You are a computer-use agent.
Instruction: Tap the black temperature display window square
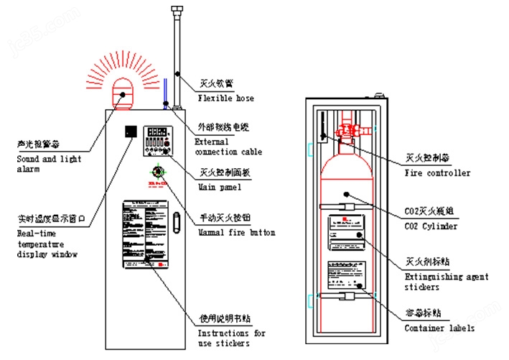point(131,132)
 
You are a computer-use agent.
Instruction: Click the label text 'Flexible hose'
point(225,98)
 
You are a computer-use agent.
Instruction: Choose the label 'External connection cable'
point(228,147)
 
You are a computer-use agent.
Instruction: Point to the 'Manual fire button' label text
point(236,232)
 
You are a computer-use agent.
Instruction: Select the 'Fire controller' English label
point(438,173)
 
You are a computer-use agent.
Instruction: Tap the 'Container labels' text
point(439,328)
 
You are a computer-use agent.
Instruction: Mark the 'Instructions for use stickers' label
point(231,338)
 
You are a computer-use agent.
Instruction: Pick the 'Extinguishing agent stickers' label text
point(447,282)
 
